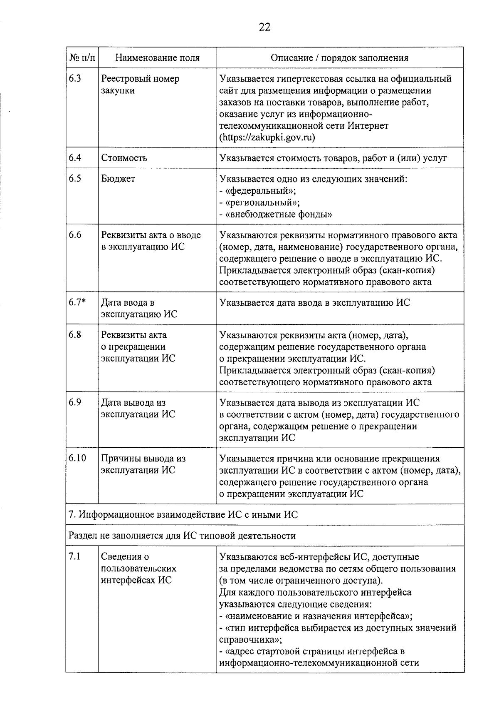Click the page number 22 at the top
click(x=264, y=27)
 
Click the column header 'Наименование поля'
click(x=157, y=58)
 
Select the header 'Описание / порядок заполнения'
click(x=339, y=58)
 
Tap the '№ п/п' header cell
click(x=82, y=58)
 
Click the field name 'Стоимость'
click(x=124, y=158)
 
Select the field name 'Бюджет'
click(x=118, y=179)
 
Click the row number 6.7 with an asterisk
click(x=77, y=303)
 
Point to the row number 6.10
click(x=78, y=458)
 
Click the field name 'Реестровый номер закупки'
click(x=140, y=85)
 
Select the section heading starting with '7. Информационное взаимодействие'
click(x=183, y=515)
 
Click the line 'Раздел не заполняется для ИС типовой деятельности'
click(x=182, y=536)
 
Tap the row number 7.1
click(x=75, y=557)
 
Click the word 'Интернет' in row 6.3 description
click(x=368, y=126)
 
